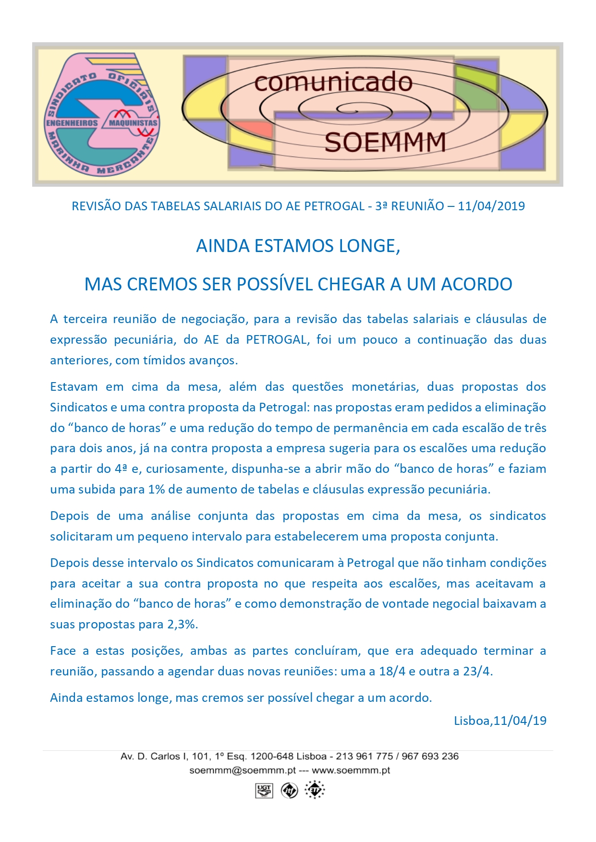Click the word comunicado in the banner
[333, 83]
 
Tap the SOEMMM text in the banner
[385, 143]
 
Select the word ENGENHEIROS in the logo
[72, 123]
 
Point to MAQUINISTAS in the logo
[133, 123]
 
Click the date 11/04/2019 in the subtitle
[491, 206]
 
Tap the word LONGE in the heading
[369, 246]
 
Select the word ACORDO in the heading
[476, 284]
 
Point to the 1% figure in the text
[157, 490]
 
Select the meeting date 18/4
[392, 672]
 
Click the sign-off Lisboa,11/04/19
[500, 721]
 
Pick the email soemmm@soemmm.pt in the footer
[243, 770]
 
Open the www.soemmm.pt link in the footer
[351, 770]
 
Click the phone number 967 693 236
[430, 757]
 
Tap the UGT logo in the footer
[264, 790]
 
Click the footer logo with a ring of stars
[315, 790]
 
